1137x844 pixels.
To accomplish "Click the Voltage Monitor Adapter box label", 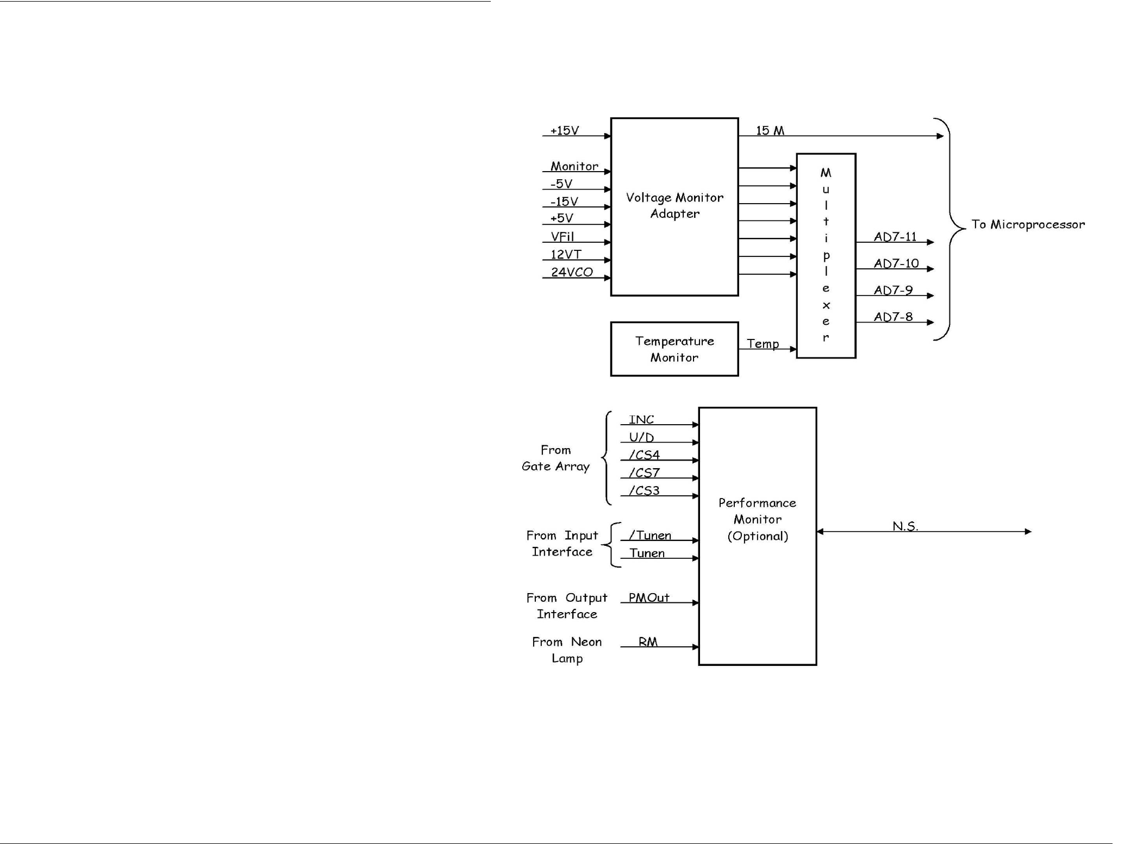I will point(674,205).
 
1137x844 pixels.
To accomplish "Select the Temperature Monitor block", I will point(674,349).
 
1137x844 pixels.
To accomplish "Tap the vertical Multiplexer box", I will point(826,255).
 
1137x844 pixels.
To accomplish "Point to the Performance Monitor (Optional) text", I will point(757,519).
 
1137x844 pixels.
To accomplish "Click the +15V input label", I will point(565,130).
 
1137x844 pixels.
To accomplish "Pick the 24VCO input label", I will point(572,272).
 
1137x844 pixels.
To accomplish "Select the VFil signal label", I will point(563,236).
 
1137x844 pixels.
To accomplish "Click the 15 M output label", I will point(770,130).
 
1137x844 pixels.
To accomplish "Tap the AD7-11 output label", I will point(895,236).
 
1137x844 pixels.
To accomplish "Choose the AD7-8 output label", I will point(893,317).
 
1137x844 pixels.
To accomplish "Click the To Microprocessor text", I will point(1028,224).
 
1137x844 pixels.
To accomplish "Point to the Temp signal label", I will point(763,343).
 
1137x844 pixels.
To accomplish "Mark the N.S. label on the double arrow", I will point(905,526).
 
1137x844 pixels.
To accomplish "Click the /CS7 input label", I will point(644,473).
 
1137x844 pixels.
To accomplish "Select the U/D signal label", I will point(641,437).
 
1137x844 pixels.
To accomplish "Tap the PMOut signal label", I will point(649,597).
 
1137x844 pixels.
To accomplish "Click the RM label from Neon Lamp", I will point(648,641).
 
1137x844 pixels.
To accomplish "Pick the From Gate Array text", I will point(555,458).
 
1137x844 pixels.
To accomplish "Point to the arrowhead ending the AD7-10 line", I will point(930,269).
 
